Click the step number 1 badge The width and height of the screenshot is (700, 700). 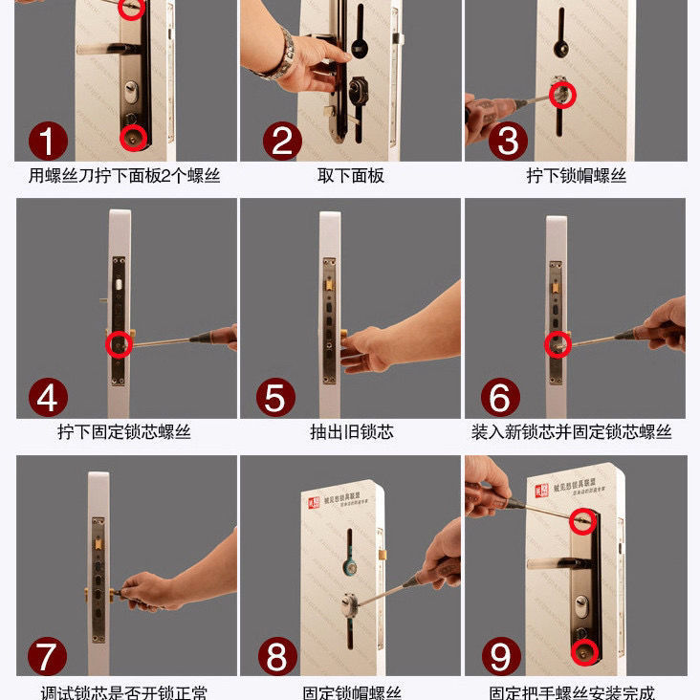(x=48, y=141)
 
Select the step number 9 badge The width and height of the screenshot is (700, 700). (x=500, y=656)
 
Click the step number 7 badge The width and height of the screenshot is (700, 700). (x=48, y=656)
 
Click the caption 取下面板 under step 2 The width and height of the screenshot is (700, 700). (x=351, y=176)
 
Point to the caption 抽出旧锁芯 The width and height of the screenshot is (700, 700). (x=351, y=432)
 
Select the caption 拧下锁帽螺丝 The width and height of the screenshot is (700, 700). (x=576, y=176)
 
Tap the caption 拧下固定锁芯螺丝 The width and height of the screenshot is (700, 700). (x=124, y=432)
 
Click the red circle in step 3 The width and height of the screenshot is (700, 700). (x=560, y=94)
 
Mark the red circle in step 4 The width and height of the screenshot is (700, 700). (x=119, y=344)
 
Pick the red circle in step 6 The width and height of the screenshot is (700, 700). (x=557, y=344)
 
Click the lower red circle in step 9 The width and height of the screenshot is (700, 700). (x=584, y=651)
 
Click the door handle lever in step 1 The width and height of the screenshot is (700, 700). (x=105, y=48)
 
